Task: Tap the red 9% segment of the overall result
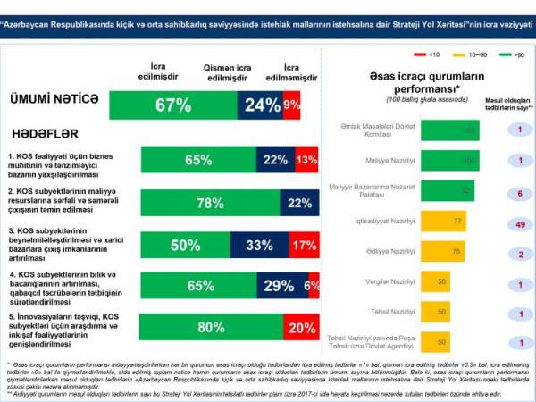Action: pyautogui.click(x=291, y=105)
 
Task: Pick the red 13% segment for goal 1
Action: pyautogui.click(x=306, y=160)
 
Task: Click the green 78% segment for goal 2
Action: pyautogui.click(x=210, y=203)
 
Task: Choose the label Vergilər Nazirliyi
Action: pyautogui.click(x=379, y=281)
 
